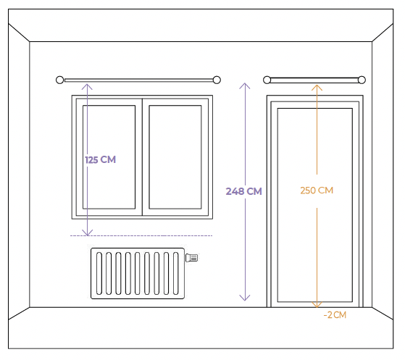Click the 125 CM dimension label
tap(100, 159)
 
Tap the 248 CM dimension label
tap(244, 191)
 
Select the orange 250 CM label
tap(317, 191)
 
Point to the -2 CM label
tap(335, 315)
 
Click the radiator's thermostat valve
tap(192, 257)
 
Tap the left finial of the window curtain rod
tap(59, 80)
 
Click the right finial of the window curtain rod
tap(217, 80)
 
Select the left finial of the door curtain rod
tap(267, 80)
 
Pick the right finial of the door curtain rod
tap(362, 80)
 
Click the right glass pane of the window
tap(175, 157)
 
